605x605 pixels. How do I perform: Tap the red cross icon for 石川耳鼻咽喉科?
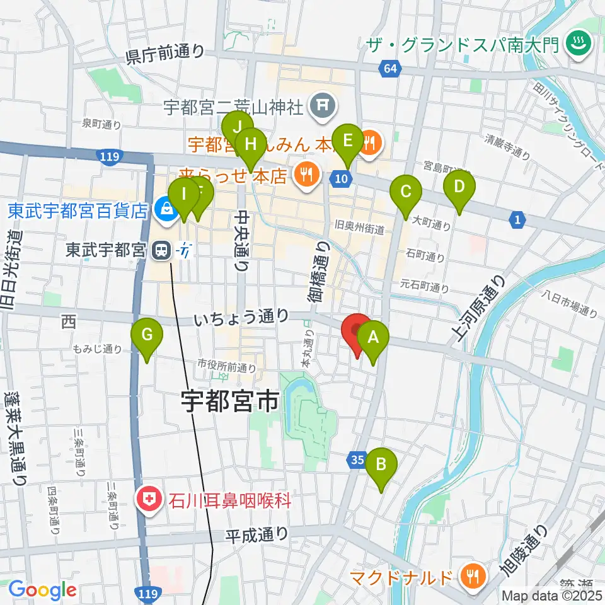[x=149, y=501]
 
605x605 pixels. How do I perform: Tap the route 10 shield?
[x=341, y=178]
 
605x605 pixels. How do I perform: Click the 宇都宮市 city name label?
[x=229, y=401]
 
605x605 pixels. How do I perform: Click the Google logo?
[x=42, y=590]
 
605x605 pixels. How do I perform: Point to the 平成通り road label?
[x=257, y=534]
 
